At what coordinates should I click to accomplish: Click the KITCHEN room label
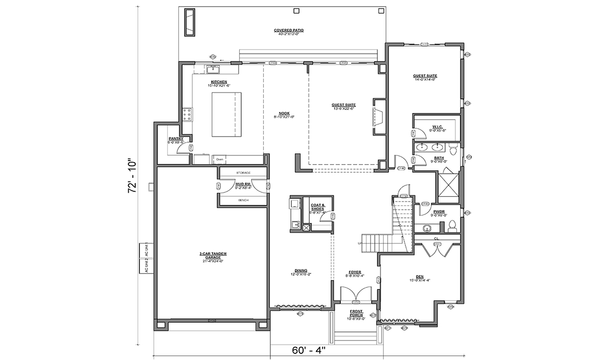219,82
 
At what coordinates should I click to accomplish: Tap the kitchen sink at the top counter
213,69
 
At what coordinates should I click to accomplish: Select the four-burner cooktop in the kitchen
187,115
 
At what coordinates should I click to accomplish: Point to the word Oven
220,159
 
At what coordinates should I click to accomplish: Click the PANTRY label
176,139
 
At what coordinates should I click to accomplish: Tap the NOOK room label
284,114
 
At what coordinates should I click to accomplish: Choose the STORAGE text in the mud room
243,173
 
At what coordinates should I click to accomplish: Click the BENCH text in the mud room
243,200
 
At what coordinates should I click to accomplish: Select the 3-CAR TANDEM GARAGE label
213,255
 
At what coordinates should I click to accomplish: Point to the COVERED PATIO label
288,31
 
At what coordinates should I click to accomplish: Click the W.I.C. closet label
437,126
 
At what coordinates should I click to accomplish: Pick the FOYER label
355,273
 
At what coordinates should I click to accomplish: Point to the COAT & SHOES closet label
317,208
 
